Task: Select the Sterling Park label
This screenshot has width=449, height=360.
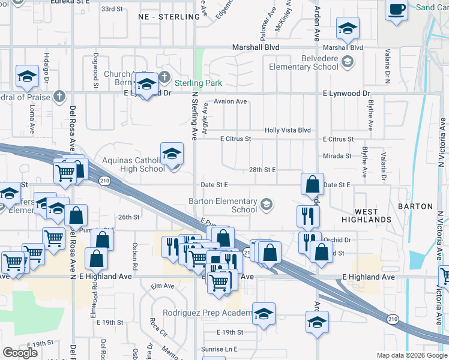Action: coord(198,83)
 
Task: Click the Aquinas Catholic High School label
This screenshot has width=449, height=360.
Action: coord(133,164)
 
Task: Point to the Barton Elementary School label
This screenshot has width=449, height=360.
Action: coord(223,205)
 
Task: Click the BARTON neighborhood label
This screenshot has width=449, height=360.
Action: coord(415,206)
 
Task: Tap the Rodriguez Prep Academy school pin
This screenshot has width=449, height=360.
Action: coord(264,314)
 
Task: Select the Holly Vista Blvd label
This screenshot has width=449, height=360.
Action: coord(288,130)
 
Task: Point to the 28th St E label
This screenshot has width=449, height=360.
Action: coord(262,170)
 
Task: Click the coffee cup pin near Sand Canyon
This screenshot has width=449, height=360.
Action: coord(396,10)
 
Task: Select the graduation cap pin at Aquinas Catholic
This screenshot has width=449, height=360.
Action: coord(172,154)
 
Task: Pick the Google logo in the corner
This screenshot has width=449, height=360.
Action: coord(20,353)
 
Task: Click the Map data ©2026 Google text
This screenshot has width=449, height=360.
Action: coord(411,355)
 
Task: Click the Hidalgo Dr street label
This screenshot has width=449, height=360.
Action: coord(46,67)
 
